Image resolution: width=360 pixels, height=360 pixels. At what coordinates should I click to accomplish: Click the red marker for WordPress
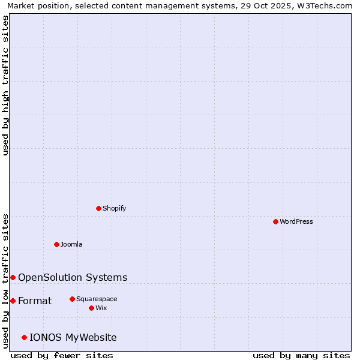[275, 221]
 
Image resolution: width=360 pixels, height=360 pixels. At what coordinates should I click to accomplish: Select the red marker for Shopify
[99, 208]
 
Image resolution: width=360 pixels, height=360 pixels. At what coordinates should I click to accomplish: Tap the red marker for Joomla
[56, 244]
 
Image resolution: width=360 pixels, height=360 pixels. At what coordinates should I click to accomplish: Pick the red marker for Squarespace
[72, 299]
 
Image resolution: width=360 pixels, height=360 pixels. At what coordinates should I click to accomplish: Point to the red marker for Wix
[91, 308]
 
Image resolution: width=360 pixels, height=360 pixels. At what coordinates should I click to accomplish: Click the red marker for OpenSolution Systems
[13, 277]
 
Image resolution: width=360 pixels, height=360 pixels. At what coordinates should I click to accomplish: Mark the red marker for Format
[13, 301]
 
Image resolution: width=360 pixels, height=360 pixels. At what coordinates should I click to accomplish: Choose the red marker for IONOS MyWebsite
[25, 337]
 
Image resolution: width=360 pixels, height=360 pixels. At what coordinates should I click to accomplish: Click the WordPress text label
[296, 221]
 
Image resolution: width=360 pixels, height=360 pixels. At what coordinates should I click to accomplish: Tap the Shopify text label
[115, 208]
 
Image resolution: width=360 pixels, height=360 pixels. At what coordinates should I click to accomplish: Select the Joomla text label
[71, 244]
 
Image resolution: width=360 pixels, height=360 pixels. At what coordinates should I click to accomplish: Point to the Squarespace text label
[97, 299]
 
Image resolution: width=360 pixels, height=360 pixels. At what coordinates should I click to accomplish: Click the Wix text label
[101, 308]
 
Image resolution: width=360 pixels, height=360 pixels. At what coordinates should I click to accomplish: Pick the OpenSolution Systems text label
[73, 277]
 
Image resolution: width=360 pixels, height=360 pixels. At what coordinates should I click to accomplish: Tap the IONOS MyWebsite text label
[73, 337]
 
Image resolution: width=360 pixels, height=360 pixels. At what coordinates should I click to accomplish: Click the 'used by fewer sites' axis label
[62, 355]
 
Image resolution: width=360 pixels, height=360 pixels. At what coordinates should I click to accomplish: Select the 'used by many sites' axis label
[301, 355]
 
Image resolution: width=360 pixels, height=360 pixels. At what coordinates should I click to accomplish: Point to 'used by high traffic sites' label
[6, 85]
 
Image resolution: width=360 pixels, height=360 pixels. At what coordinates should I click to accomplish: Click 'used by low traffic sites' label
[6, 281]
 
